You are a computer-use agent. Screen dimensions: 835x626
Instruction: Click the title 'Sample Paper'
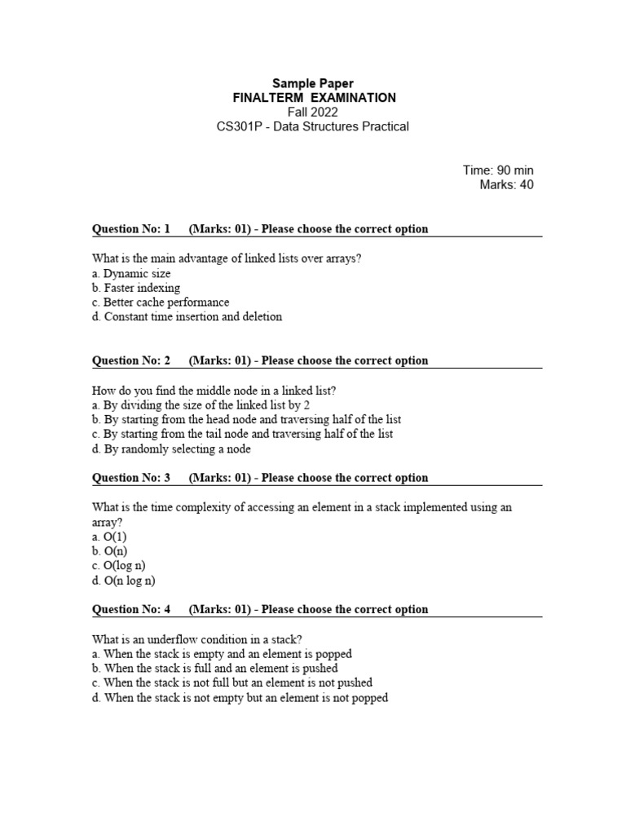(x=313, y=83)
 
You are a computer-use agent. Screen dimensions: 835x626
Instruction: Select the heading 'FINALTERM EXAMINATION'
(x=313, y=98)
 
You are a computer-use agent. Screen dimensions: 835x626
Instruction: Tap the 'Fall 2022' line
(x=313, y=112)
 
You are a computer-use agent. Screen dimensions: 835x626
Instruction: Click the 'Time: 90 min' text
(x=498, y=170)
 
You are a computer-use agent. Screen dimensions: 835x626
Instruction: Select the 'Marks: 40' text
(x=507, y=185)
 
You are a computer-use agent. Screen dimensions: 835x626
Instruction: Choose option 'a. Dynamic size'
(x=131, y=273)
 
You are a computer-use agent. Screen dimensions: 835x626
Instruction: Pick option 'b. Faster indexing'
(x=136, y=288)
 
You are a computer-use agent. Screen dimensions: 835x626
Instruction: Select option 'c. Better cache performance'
(x=161, y=303)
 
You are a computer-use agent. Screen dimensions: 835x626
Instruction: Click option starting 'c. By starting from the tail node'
(x=242, y=434)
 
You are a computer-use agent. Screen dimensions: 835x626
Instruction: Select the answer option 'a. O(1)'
(x=109, y=537)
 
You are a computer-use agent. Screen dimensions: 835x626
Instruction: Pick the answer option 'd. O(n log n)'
(x=123, y=581)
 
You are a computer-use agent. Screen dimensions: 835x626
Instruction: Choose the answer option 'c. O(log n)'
(x=118, y=566)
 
